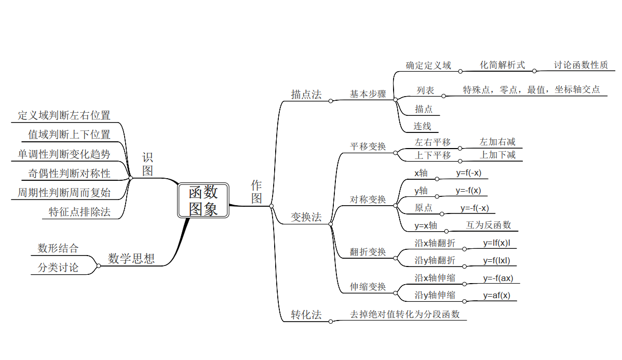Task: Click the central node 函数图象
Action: (x=203, y=201)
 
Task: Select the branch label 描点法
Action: (x=306, y=95)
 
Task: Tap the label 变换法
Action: (x=306, y=217)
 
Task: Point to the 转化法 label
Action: (x=306, y=315)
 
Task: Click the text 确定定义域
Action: (x=428, y=65)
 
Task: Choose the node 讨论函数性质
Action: (x=581, y=65)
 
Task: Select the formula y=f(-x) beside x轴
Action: (x=469, y=173)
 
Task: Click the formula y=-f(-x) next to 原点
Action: (x=475, y=208)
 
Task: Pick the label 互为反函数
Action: (x=489, y=225)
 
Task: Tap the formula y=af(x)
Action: (x=497, y=295)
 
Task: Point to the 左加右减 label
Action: (x=497, y=142)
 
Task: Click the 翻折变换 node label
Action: (x=368, y=252)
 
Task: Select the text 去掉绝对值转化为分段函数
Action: (x=404, y=314)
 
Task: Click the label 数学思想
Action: (x=131, y=259)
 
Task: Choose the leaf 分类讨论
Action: (x=58, y=268)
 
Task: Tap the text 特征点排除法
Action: (x=80, y=212)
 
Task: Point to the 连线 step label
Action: (x=422, y=126)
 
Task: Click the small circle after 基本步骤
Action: (x=395, y=100)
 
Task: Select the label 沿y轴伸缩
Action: (x=435, y=295)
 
